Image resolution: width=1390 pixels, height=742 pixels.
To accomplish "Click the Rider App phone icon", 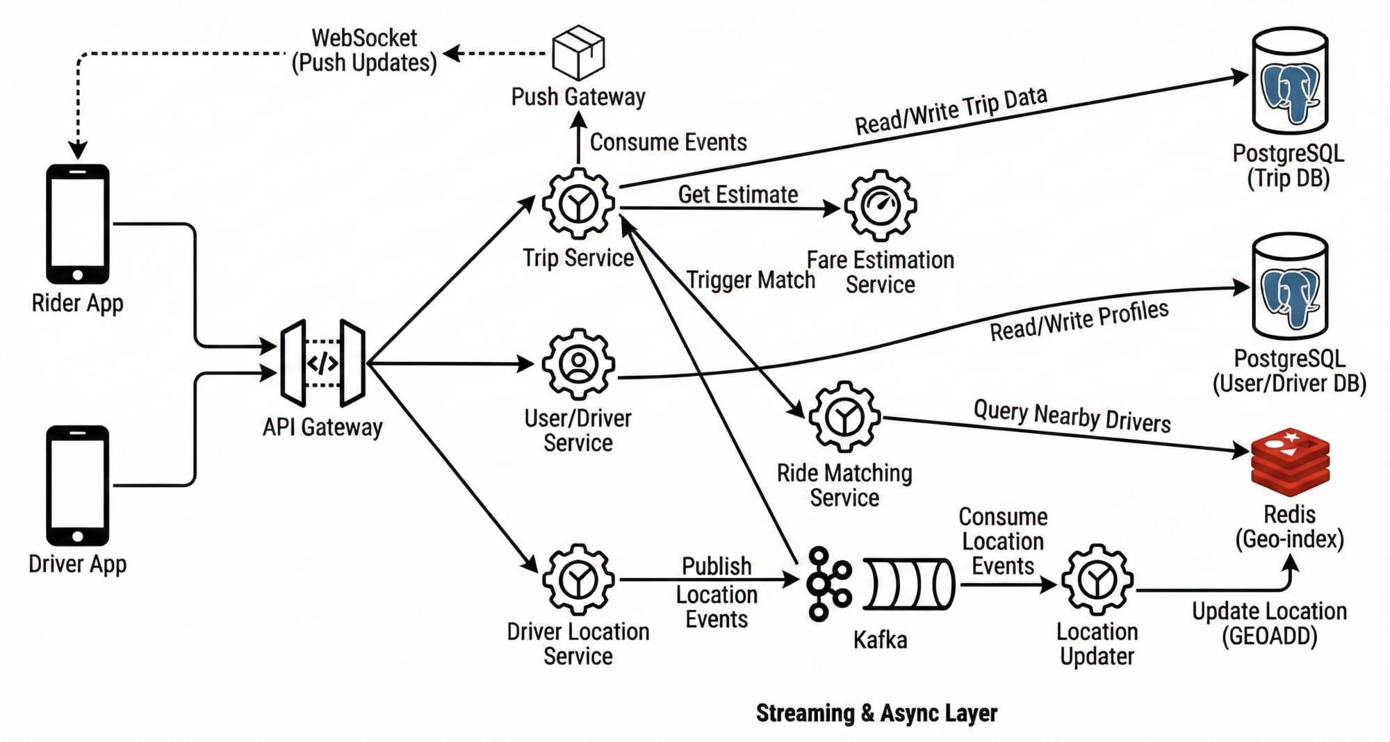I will [78, 224].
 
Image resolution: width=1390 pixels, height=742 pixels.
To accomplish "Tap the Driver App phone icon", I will [78, 485].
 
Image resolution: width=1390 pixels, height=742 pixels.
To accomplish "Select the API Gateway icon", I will [323, 363].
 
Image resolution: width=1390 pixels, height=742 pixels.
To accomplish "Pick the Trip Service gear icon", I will [578, 204].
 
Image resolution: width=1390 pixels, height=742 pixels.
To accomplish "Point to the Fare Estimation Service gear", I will [881, 206].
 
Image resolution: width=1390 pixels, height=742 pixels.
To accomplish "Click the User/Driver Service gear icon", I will [578, 364].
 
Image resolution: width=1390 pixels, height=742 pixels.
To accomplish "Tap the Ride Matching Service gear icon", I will [844, 417].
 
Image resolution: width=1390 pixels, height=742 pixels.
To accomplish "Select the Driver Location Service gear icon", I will [578, 579].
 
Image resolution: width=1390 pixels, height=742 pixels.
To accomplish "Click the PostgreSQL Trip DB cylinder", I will [1290, 81].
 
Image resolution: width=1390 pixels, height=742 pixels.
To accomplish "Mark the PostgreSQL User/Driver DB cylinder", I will [1290, 286].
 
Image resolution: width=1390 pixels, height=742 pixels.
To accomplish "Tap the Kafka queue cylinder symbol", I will [909, 584].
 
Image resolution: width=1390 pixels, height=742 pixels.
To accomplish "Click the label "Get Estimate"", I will [737, 195].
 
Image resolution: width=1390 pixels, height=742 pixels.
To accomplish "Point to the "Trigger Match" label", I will [751, 280].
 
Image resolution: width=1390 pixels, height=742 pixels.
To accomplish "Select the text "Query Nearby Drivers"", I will [1072, 416].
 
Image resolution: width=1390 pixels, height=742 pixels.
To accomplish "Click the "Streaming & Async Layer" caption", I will [876, 713].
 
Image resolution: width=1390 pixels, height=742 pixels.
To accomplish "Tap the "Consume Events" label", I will [668, 142].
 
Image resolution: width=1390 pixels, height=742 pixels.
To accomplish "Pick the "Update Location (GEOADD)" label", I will [1269, 624].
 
